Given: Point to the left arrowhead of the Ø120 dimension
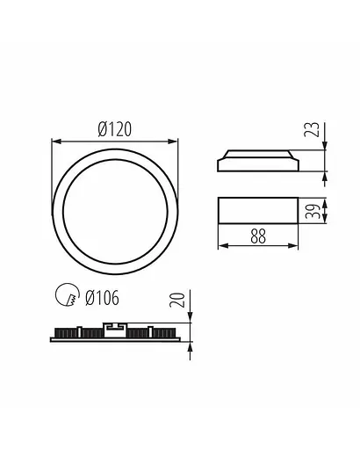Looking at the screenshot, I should click(x=56, y=139).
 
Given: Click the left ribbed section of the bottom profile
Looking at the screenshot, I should click(x=75, y=334).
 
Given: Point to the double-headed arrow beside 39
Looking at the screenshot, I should click(x=326, y=211).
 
